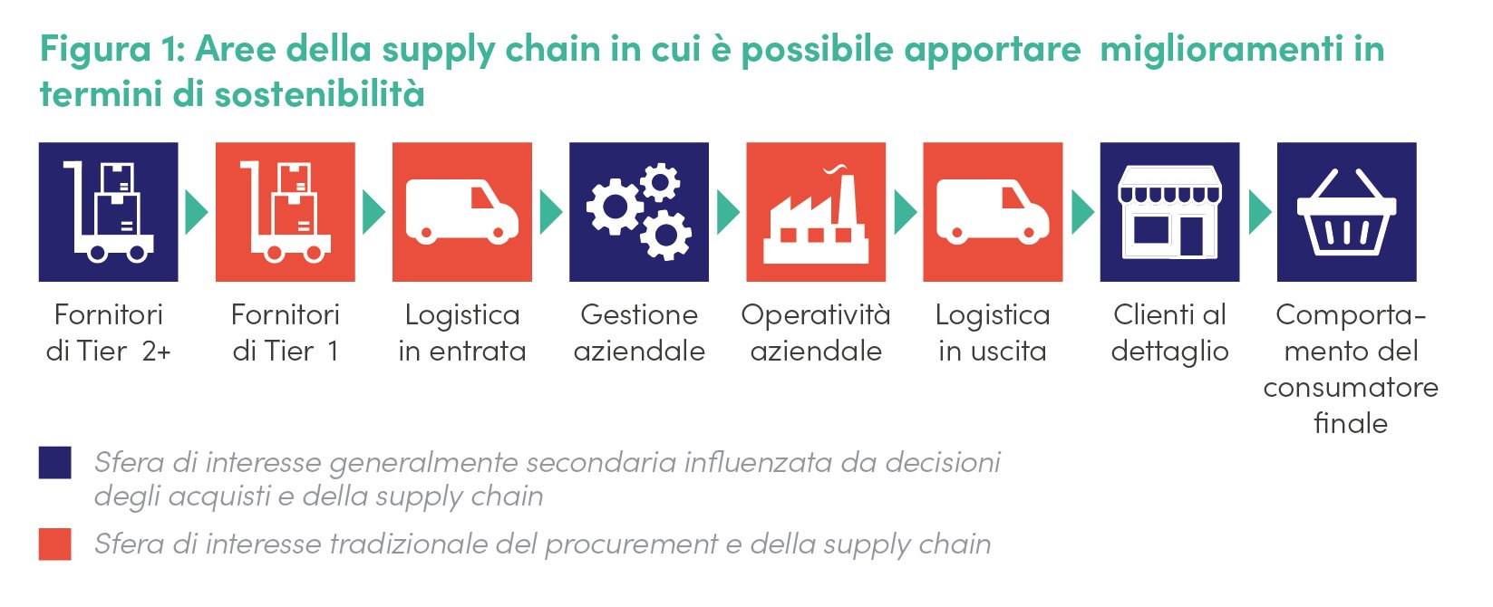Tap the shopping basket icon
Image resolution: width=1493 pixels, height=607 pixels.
point(1346,213)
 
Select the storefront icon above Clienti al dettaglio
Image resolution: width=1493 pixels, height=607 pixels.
point(1169,212)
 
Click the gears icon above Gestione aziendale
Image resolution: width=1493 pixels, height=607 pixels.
point(638,212)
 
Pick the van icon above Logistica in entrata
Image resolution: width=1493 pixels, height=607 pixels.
point(462,211)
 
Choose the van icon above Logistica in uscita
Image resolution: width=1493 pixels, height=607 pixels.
point(993,211)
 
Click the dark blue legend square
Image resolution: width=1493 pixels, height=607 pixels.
point(54,462)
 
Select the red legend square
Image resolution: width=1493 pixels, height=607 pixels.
point(54,544)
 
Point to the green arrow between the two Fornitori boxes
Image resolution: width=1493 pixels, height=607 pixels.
point(196,213)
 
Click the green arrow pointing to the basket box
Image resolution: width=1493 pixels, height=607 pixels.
point(1259,213)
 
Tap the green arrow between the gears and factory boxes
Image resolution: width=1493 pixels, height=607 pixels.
point(728,213)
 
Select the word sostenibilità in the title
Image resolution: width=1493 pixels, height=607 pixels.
point(319,93)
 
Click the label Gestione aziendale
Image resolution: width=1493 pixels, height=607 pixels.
point(639,332)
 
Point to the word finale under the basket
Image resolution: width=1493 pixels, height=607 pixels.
point(1351,423)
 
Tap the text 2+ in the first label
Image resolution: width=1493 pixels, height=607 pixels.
point(157,352)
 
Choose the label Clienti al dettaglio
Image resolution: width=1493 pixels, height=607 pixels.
point(1169,332)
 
